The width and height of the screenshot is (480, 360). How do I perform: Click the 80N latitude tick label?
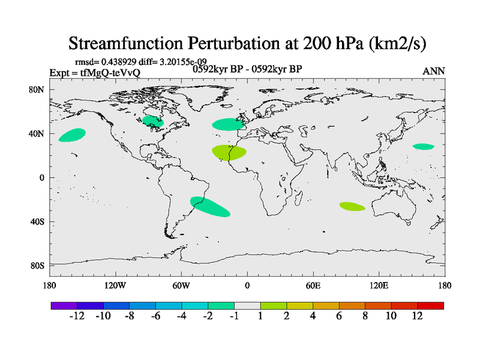point(38,90)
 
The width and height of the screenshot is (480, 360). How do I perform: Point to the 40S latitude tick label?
point(38,222)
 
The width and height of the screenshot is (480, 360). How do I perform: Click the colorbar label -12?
point(77,316)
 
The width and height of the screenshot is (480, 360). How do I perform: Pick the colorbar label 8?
point(365,316)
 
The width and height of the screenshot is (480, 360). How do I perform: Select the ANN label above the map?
point(434,71)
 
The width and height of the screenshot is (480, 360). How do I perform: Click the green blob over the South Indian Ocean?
point(352,206)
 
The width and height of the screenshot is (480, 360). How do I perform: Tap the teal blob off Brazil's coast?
point(209,206)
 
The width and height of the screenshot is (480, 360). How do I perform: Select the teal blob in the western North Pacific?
point(424,146)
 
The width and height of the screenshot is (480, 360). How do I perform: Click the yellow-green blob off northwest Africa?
point(229,152)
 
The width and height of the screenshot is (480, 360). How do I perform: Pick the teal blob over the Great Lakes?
point(153,122)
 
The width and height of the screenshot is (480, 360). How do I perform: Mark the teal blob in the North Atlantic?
point(228,124)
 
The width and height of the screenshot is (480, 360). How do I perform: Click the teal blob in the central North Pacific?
point(72,135)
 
